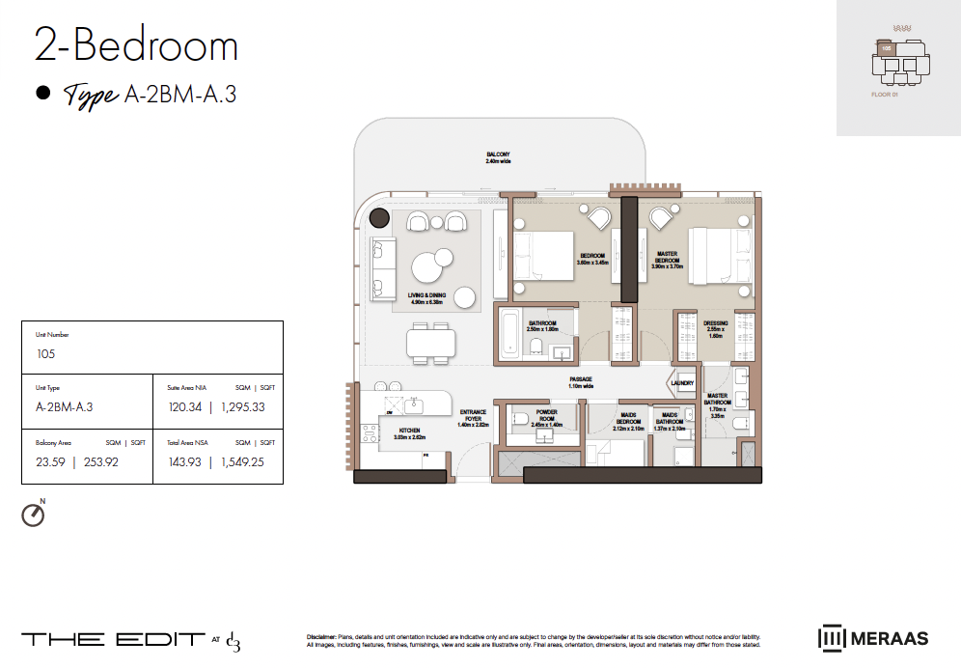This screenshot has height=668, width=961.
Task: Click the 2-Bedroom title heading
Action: [136, 46]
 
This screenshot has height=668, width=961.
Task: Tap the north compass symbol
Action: [33, 515]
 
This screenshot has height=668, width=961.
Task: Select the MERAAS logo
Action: [873, 638]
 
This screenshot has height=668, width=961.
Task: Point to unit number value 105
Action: [45, 354]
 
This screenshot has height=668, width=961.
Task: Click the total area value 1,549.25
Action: [242, 461]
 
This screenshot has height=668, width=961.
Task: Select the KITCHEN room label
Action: [410, 432]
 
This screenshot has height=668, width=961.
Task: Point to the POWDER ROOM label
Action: [546, 417]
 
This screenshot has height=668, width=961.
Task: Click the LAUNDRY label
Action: [684, 382]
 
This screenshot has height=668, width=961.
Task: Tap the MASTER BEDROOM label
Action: [666, 260]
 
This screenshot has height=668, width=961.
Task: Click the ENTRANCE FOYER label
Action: [473, 417]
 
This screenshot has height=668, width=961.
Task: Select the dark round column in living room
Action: [380, 219]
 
